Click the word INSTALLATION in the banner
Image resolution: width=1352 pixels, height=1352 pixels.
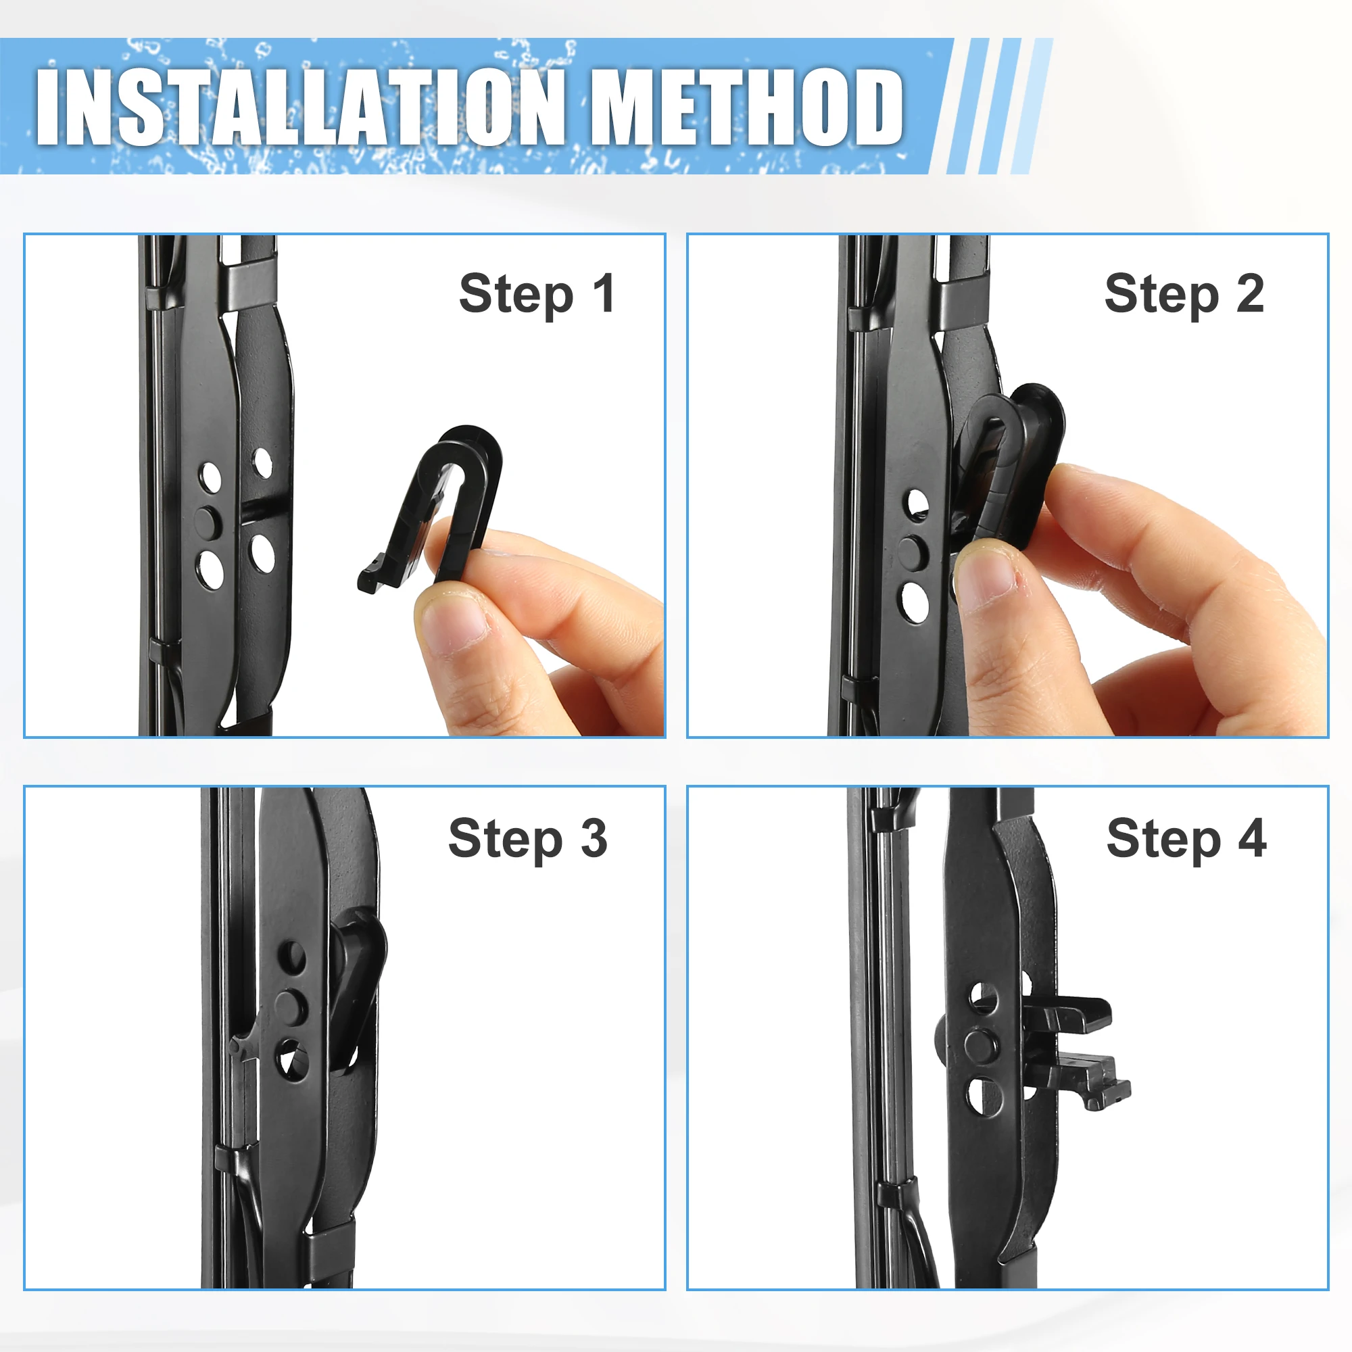(300, 106)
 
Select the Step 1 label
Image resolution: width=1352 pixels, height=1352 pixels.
(537, 295)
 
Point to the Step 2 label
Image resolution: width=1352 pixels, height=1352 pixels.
(1184, 295)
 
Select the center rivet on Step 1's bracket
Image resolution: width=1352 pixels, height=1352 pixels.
(208, 523)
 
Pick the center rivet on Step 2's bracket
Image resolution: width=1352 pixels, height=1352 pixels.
(913, 552)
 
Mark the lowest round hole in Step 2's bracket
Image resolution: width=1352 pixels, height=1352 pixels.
(915, 602)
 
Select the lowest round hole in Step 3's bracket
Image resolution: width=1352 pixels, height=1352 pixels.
(292, 1059)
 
